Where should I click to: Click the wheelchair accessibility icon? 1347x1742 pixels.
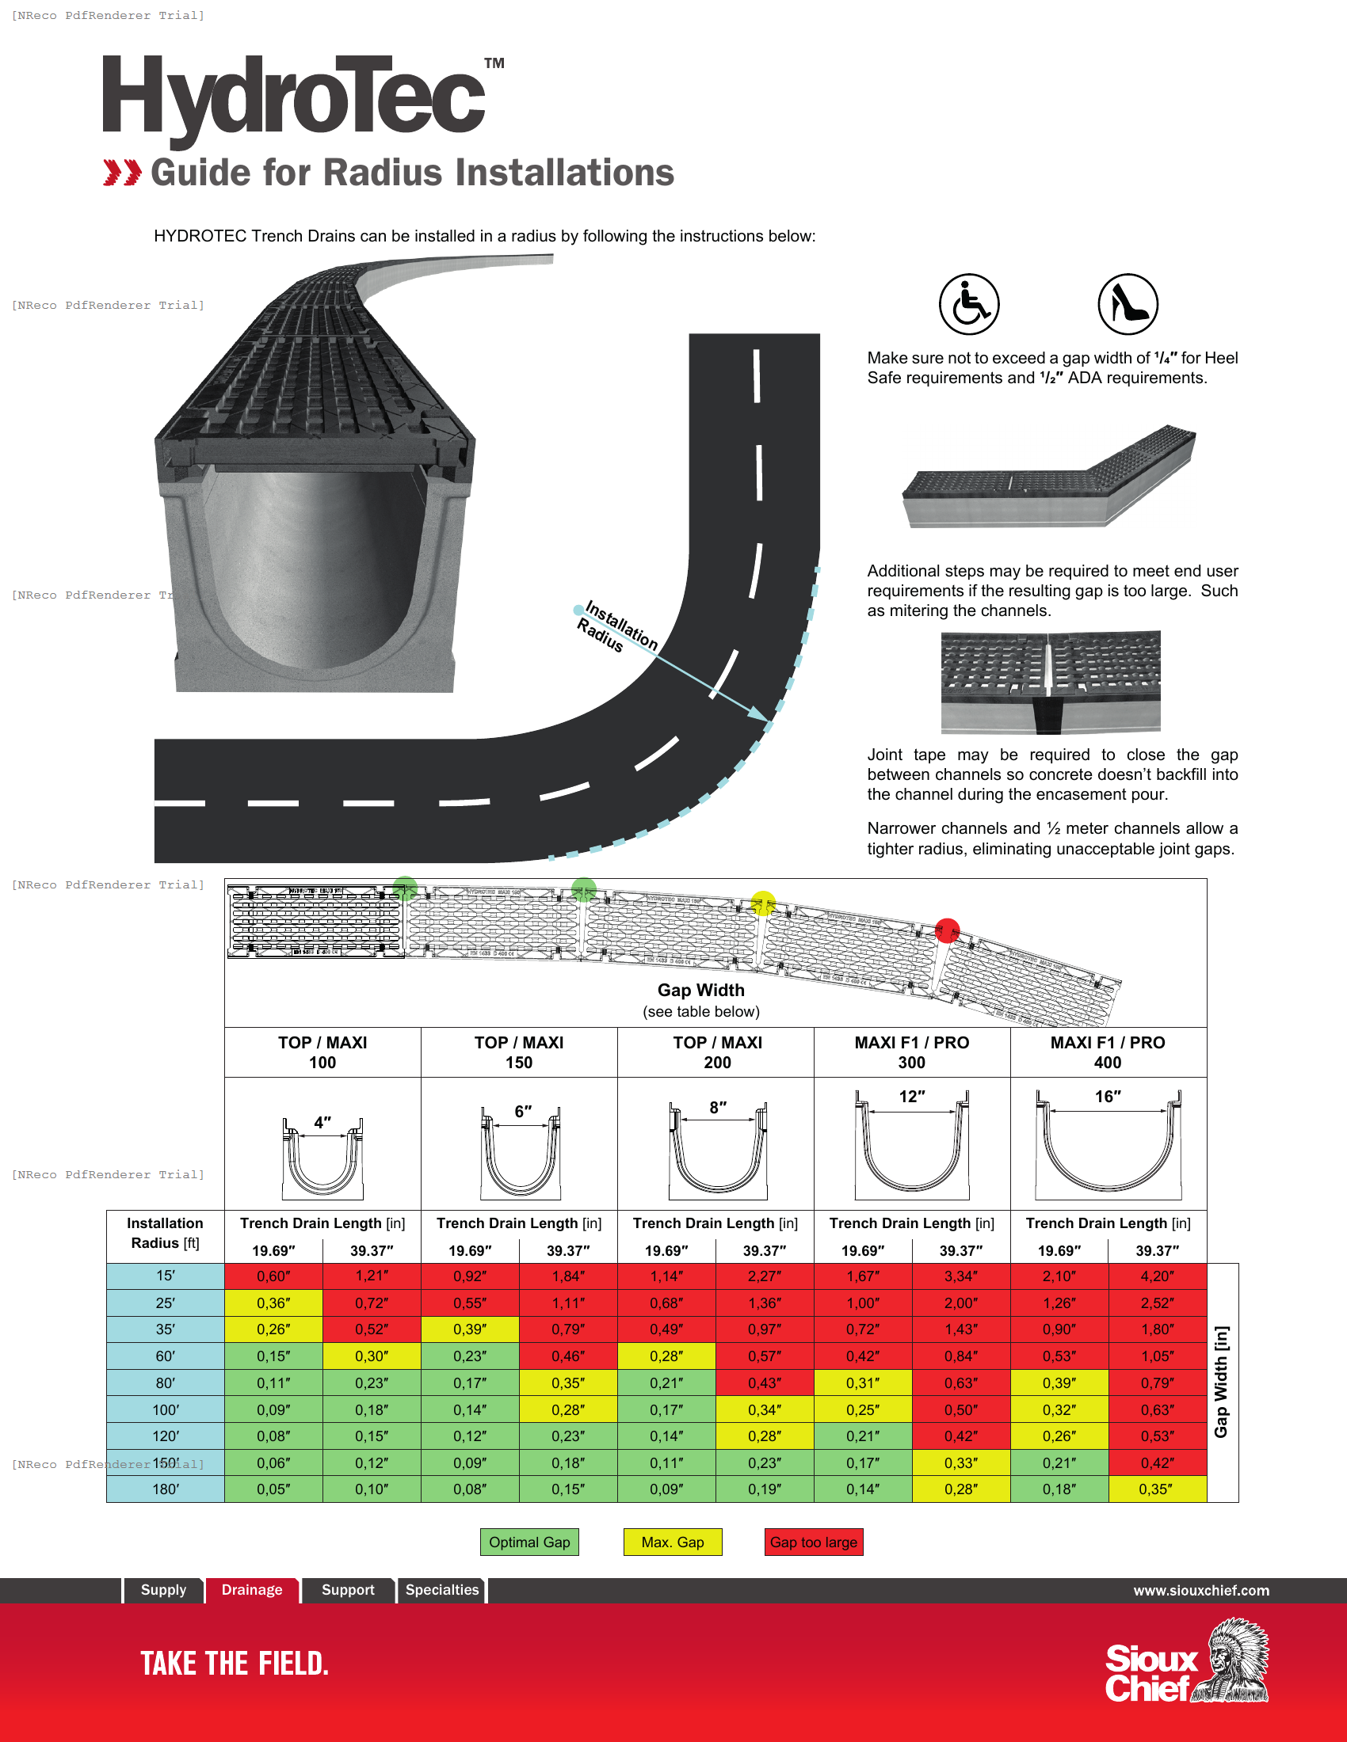pos(969,304)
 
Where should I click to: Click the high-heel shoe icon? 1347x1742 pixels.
pos(1128,304)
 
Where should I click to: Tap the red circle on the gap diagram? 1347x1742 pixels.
pos(947,930)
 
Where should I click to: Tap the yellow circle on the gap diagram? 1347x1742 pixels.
pos(764,903)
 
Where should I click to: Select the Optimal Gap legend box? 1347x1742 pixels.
pos(529,1542)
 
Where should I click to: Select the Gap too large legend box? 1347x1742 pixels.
pos(813,1542)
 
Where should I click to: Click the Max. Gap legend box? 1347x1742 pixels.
pos(672,1542)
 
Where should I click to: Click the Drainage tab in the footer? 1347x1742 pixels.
pos(251,1590)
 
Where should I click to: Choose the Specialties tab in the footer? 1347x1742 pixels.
pos(441,1590)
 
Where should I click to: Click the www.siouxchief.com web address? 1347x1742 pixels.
pos(1201,1591)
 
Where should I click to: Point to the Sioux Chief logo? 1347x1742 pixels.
pos(1186,1662)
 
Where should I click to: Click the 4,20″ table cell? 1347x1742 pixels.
pos(1157,1276)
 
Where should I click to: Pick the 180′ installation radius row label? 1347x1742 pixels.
pos(165,1489)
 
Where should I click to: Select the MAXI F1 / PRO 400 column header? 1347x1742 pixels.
pos(1108,1052)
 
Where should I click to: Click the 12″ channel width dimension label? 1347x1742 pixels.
pos(911,1097)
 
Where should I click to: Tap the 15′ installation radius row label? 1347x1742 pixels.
pos(165,1276)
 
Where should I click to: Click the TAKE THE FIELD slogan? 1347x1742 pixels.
pos(235,1664)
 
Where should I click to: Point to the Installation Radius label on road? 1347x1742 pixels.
pos(619,627)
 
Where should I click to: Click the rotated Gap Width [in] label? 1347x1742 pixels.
pos(1221,1383)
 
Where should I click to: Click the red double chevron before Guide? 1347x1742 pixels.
pos(122,173)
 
